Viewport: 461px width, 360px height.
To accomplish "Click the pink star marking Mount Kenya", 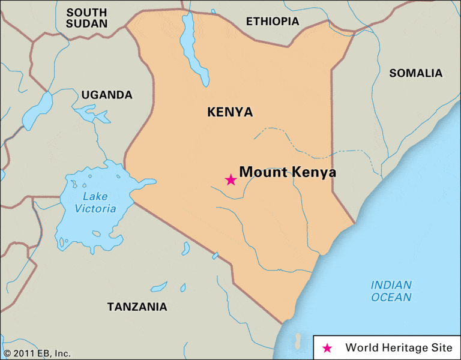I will click(x=230, y=179).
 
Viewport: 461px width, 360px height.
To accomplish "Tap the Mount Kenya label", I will click(x=288, y=172).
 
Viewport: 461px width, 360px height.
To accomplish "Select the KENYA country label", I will click(x=230, y=112).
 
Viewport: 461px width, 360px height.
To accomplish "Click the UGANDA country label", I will click(x=107, y=95).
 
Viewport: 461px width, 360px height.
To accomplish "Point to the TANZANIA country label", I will click(x=137, y=307).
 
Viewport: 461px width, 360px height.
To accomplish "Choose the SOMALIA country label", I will click(x=415, y=73).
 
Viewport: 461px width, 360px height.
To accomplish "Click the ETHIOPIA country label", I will click(x=272, y=21).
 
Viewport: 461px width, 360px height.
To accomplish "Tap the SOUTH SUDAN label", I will click(x=86, y=18).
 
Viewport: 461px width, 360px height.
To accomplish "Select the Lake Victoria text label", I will click(x=95, y=203).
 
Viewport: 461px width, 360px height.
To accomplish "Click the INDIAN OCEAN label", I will click(x=391, y=291).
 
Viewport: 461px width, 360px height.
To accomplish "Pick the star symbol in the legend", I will click(x=327, y=348).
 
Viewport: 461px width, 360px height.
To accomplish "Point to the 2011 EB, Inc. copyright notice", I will click(x=37, y=353).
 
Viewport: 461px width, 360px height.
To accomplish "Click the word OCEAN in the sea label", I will click(x=391, y=298).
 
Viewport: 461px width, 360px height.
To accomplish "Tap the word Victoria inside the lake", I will click(x=95, y=209).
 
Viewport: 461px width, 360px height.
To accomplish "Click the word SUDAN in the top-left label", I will click(x=86, y=24).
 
